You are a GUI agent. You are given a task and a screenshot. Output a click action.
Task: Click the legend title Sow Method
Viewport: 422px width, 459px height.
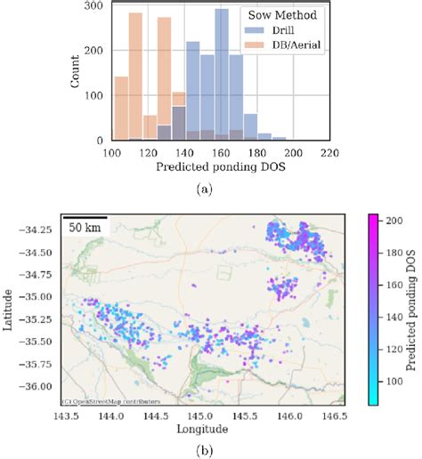(271, 15)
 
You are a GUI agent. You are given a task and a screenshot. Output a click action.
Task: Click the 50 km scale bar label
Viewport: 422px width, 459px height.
(85, 229)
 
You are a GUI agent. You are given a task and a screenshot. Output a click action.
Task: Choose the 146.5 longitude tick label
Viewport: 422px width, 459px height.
(335, 416)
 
